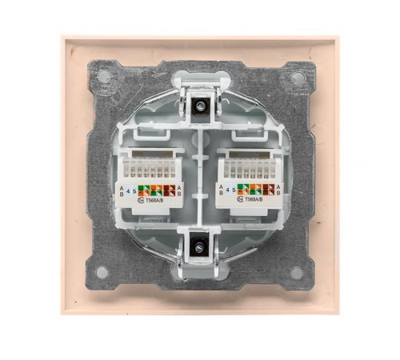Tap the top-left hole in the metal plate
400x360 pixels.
coord(103,77)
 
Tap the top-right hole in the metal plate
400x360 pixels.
coord(298,78)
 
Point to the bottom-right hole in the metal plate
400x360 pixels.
coord(297,272)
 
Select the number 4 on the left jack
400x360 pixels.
coord(130,190)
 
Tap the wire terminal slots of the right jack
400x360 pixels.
coord(250,170)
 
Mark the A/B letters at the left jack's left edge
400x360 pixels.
coord(122,190)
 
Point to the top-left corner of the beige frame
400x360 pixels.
coord(65,37)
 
